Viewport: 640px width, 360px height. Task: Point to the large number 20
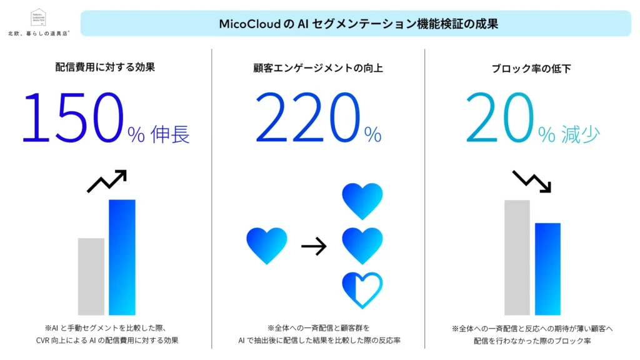pyautogui.click(x=500, y=117)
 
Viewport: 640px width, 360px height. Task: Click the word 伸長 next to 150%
pyautogui.click(x=170, y=134)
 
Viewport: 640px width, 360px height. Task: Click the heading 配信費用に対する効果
pyautogui.click(x=105, y=67)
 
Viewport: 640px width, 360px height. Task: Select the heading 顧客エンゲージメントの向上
pyautogui.click(x=319, y=67)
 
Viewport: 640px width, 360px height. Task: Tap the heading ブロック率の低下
pyautogui.click(x=532, y=67)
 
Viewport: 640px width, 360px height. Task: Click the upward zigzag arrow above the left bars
pyautogui.click(x=107, y=181)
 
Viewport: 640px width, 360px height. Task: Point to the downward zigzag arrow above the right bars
pyautogui.click(x=531, y=181)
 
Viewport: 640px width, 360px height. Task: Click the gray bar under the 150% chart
pyautogui.click(x=91, y=276)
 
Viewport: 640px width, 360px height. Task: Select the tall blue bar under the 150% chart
pyautogui.click(x=122, y=257)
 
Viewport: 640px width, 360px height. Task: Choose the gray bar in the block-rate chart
pyautogui.click(x=517, y=257)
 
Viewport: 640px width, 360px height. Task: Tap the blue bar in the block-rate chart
pyautogui.click(x=547, y=269)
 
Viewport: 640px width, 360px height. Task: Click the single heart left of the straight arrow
pyautogui.click(x=267, y=245)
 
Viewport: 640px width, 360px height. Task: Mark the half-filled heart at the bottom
pyautogui.click(x=362, y=289)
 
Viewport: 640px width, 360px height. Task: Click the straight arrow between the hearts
pyautogui.click(x=314, y=247)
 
